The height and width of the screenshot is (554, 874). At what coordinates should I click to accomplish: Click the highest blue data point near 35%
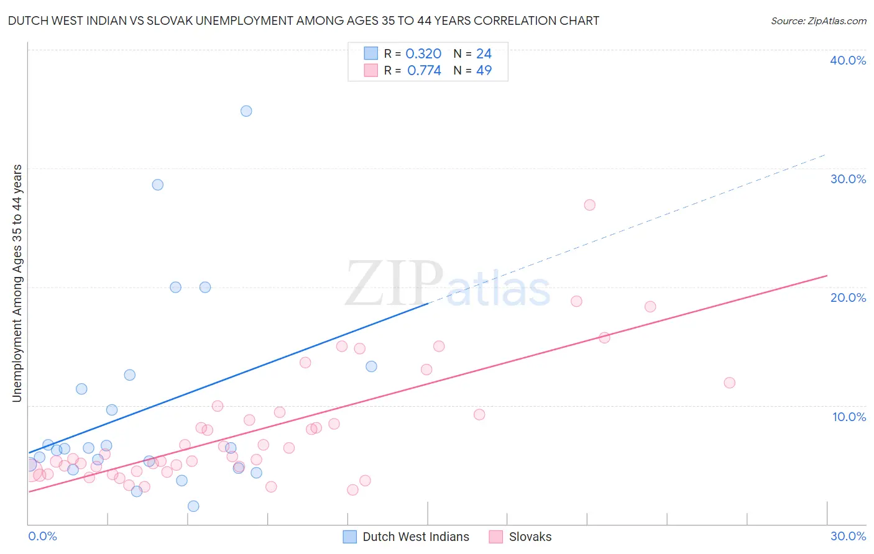(x=246, y=111)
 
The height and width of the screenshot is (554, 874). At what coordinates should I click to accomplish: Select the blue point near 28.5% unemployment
(x=158, y=185)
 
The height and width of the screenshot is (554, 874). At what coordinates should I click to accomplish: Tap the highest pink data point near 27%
(x=590, y=205)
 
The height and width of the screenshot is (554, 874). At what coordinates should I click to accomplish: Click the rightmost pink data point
(x=730, y=383)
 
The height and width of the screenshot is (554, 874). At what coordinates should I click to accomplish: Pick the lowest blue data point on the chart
(x=193, y=506)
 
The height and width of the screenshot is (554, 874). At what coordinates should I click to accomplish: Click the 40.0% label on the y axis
(x=848, y=60)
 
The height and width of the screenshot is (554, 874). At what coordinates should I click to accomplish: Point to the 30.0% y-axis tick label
(x=848, y=179)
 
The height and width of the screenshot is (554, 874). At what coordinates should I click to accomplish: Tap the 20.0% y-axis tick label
(x=848, y=297)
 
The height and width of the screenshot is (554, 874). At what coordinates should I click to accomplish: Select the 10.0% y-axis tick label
(x=849, y=417)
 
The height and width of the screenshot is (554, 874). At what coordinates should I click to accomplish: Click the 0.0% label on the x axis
(x=42, y=536)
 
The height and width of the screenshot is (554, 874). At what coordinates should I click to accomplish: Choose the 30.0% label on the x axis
(x=848, y=536)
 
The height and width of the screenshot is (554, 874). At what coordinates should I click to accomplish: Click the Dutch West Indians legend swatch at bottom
(x=350, y=537)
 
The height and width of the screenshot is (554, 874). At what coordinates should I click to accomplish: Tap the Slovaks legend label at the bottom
(x=530, y=537)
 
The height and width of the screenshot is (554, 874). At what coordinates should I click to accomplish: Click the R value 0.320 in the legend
(x=423, y=54)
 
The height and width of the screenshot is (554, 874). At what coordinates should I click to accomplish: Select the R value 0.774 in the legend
(x=424, y=71)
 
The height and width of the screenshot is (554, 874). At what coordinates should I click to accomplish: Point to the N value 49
(x=484, y=71)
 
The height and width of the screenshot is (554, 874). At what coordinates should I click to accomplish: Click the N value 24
(x=484, y=54)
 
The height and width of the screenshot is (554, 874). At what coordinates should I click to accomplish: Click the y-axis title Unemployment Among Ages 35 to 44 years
(x=17, y=283)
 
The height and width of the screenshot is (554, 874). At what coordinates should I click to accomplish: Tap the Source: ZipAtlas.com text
(x=818, y=21)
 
